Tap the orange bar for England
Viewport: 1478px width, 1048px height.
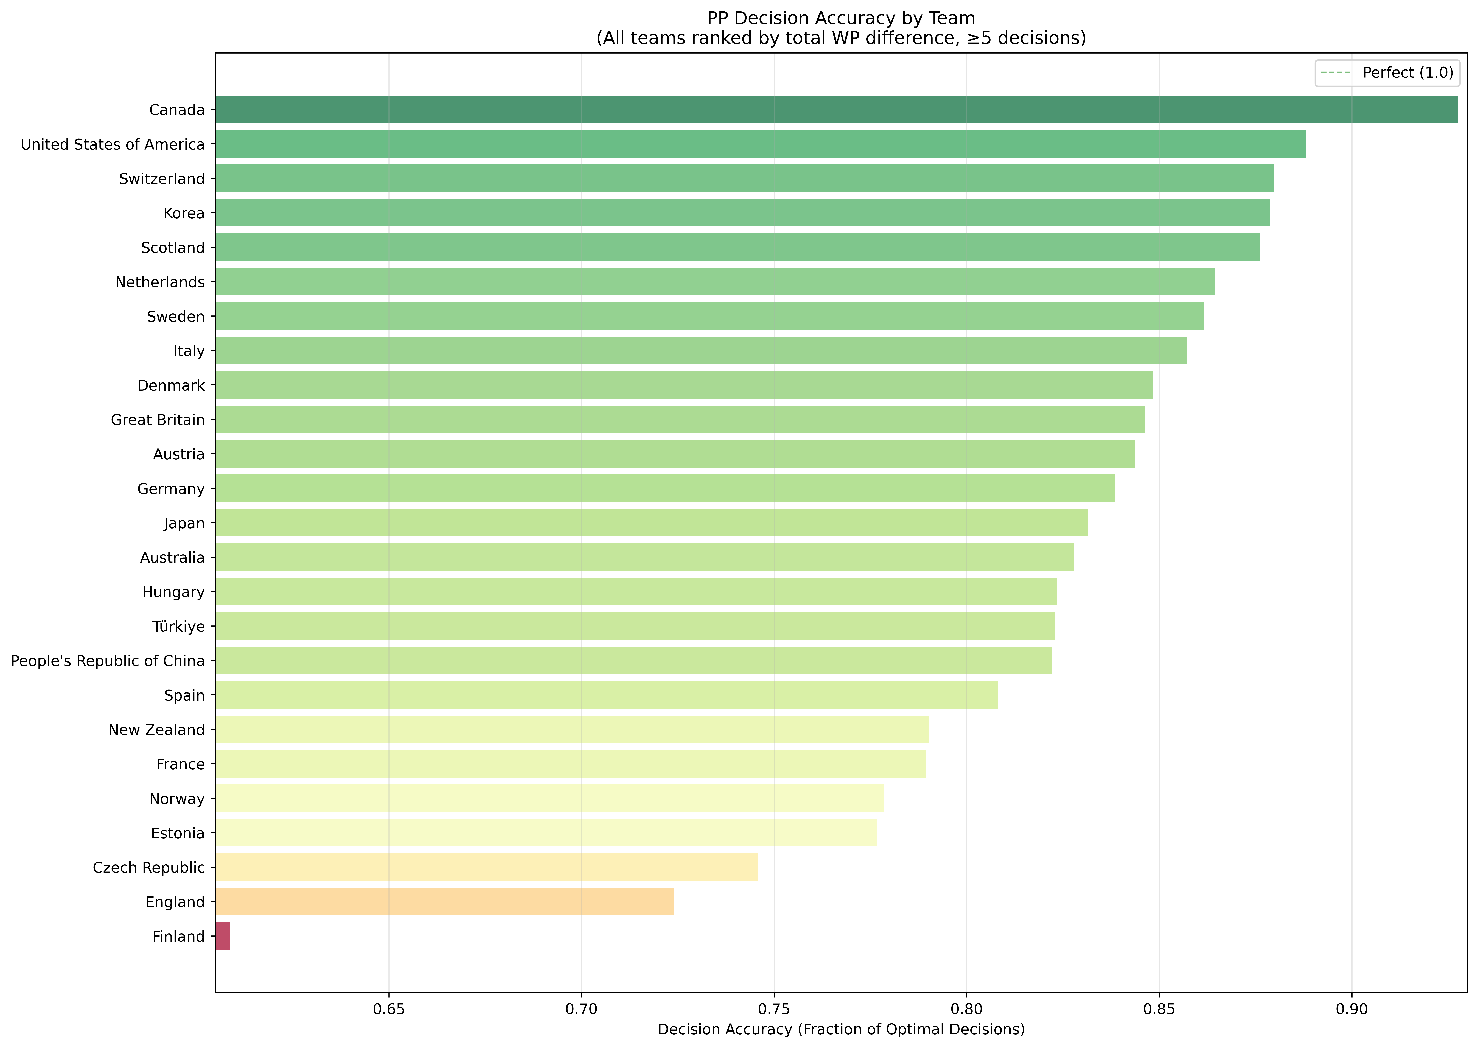click(445, 901)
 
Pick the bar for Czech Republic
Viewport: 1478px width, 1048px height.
click(487, 867)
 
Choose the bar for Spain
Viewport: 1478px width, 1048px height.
click(606, 695)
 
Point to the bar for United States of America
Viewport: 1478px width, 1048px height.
click(760, 144)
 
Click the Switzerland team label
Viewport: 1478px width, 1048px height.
click(162, 179)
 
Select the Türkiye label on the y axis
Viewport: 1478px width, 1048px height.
click(179, 627)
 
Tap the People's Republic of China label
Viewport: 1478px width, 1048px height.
click(108, 661)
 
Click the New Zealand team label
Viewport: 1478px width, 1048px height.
click(157, 730)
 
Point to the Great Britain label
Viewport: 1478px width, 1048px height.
click(158, 420)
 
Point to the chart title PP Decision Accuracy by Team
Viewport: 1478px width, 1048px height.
click(841, 18)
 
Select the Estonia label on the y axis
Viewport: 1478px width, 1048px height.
click(177, 833)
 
